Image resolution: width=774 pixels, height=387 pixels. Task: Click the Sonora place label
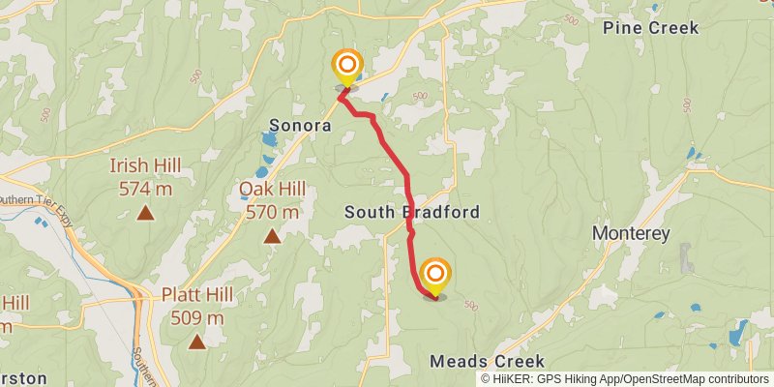pyautogui.click(x=300, y=126)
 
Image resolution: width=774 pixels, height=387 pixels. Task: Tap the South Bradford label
pyautogui.click(x=412, y=211)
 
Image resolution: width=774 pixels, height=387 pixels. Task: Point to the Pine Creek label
pyautogui.click(x=650, y=28)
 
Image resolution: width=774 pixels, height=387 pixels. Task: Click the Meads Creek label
pyautogui.click(x=480, y=361)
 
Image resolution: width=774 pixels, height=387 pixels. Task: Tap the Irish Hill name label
pyautogui.click(x=145, y=164)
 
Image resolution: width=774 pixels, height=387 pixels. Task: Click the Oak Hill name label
pyautogui.click(x=272, y=188)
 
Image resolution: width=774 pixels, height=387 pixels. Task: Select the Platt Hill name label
pyautogui.click(x=197, y=294)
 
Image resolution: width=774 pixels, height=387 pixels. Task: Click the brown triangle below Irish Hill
pyautogui.click(x=145, y=212)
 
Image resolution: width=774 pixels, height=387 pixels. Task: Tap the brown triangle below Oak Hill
pyautogui.click(x=272, y=235)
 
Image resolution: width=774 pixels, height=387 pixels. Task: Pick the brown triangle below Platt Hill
pyautogui.click(x=197, y=341)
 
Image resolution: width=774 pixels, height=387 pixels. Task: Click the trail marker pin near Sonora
pyautogui.click(x=346, y=69)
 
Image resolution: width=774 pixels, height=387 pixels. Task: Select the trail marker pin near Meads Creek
pyautogui.click(x=435, y=276)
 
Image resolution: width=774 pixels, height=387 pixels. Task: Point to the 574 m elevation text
pyautogui.click(x=145, y=188)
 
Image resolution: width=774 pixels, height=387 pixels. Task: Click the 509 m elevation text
pyautogui.click(x=197, y=317)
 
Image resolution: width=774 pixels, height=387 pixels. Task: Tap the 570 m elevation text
pyautogui.click(x=272, y=211)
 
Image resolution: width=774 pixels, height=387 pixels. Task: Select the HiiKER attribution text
pyautogui.click(x=625, y=379)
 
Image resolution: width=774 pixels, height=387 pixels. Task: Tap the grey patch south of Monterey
pyautogui.click(x=687, y=257)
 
